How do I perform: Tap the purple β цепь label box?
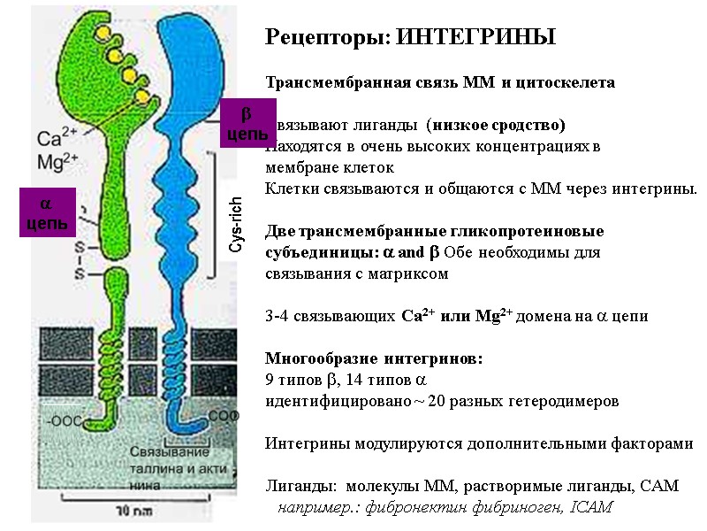[x=247, y=123]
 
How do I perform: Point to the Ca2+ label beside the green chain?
[x=58, y=138]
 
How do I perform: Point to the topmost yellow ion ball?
[x=103, y=33]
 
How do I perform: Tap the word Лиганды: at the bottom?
[x=301, y=486]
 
